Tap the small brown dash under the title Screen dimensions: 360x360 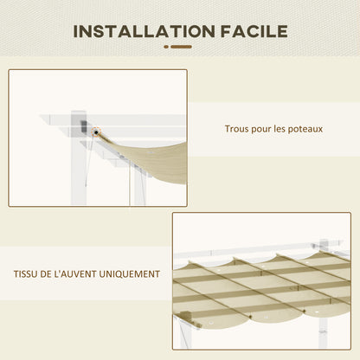(179, 48)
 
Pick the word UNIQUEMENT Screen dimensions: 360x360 (130, 273)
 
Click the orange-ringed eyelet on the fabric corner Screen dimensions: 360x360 (94, 131)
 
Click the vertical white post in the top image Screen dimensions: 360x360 (80, 164)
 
